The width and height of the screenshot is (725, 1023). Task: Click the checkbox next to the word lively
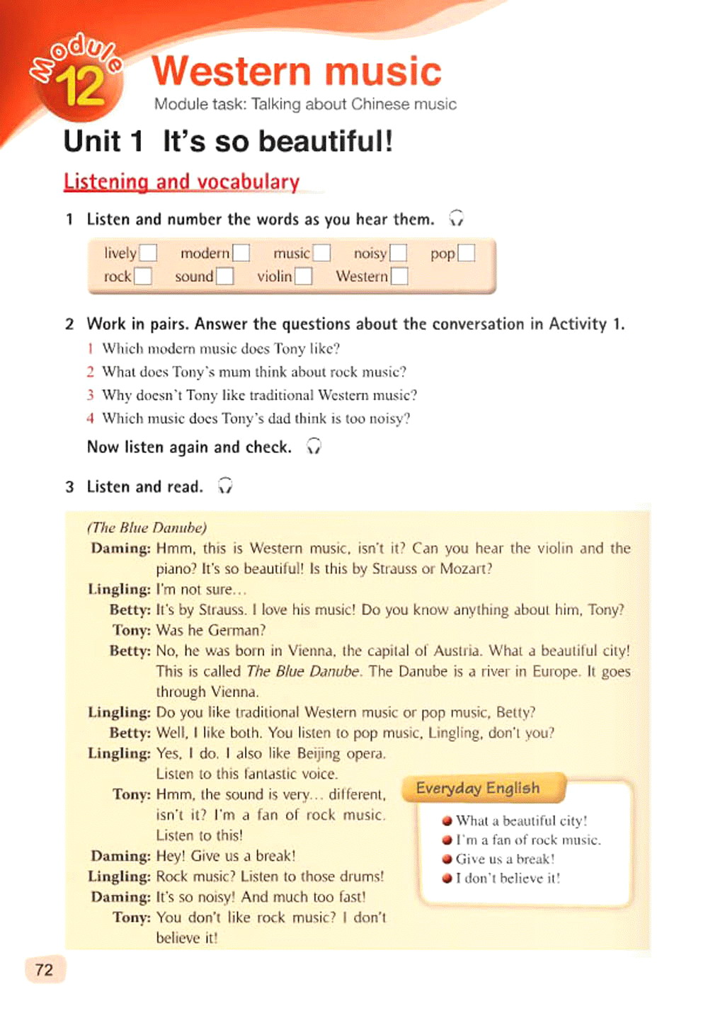[147, 253]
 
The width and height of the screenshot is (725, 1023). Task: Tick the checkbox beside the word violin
[303, 276]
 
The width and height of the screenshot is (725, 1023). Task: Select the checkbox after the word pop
[466, 253]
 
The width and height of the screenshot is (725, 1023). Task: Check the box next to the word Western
[399, 276]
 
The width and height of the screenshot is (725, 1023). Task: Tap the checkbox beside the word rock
[142, 276]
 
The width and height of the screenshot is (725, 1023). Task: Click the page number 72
[44, 969]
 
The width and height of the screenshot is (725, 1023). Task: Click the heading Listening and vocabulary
[181, 182]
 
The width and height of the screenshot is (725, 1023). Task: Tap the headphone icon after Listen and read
[225, 486]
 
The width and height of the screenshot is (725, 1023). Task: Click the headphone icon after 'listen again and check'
[314, 446]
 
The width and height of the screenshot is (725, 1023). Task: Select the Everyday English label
[478, 788]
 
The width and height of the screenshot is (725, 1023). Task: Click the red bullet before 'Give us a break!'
[447, 859]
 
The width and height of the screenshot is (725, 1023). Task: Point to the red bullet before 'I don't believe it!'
[447, 878]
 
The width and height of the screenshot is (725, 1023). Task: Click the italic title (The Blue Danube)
[147, 527]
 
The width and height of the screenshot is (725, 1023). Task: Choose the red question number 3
[90, 395]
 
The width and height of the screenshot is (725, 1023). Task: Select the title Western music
[297, 72]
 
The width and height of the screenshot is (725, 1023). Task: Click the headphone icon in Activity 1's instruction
[457, 218]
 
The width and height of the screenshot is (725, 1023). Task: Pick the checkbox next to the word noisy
[399, 253]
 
